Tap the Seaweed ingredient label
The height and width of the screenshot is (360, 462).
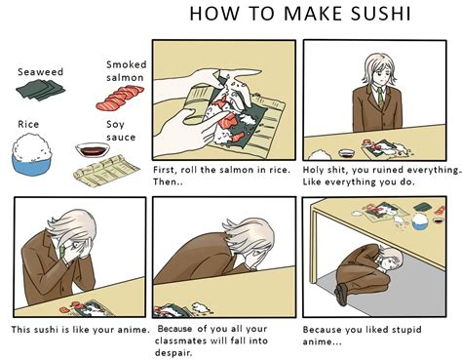(40, 72)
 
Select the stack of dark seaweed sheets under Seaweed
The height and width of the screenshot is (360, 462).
(40, 90)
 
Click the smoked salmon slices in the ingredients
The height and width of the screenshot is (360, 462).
(120, 98)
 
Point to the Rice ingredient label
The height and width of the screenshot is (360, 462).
(28, 124)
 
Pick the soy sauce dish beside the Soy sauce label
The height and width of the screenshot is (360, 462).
(93, 150)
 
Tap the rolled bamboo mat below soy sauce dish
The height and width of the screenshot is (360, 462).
(106, 171)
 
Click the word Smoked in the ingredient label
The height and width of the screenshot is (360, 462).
(127, 64)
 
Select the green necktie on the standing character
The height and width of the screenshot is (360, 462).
(380, 97)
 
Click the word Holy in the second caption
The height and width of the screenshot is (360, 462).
(313, 170)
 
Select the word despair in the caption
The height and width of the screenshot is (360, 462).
(173, 353)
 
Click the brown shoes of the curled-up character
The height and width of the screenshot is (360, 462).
(341, 295)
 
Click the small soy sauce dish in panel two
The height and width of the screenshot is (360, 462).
(346, 153)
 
